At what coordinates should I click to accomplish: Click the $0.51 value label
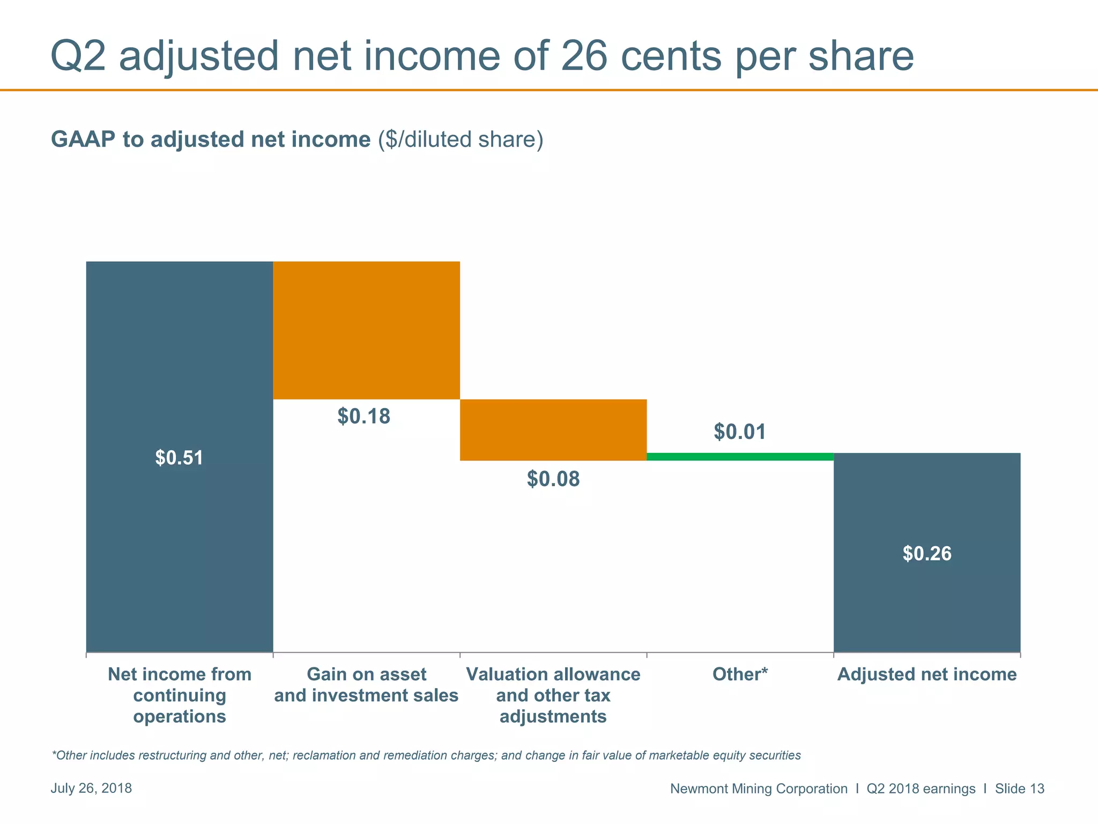click(179, 458)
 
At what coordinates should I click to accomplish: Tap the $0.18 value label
click(363, 417)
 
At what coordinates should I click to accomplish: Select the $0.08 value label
click(553, 479)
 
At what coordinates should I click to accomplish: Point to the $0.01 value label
click(740, 432)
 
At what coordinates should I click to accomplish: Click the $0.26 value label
click(927, 554)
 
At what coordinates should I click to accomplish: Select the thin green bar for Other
click(740, 457)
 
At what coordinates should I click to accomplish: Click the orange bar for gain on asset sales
click(366, 330)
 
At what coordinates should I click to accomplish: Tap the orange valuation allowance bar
click(553, 430)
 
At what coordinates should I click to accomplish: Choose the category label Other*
click(740, 674)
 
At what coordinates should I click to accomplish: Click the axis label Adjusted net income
click(927, 674)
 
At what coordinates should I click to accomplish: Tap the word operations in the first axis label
click(179, 717)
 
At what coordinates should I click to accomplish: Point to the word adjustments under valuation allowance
click(553, 717)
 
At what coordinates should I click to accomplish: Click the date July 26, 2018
click(91, 788)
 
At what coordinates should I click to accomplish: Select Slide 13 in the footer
click(1019, 789)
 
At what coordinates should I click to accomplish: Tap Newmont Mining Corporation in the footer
click(759, 789)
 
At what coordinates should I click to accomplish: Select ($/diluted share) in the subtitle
click(460, 139)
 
